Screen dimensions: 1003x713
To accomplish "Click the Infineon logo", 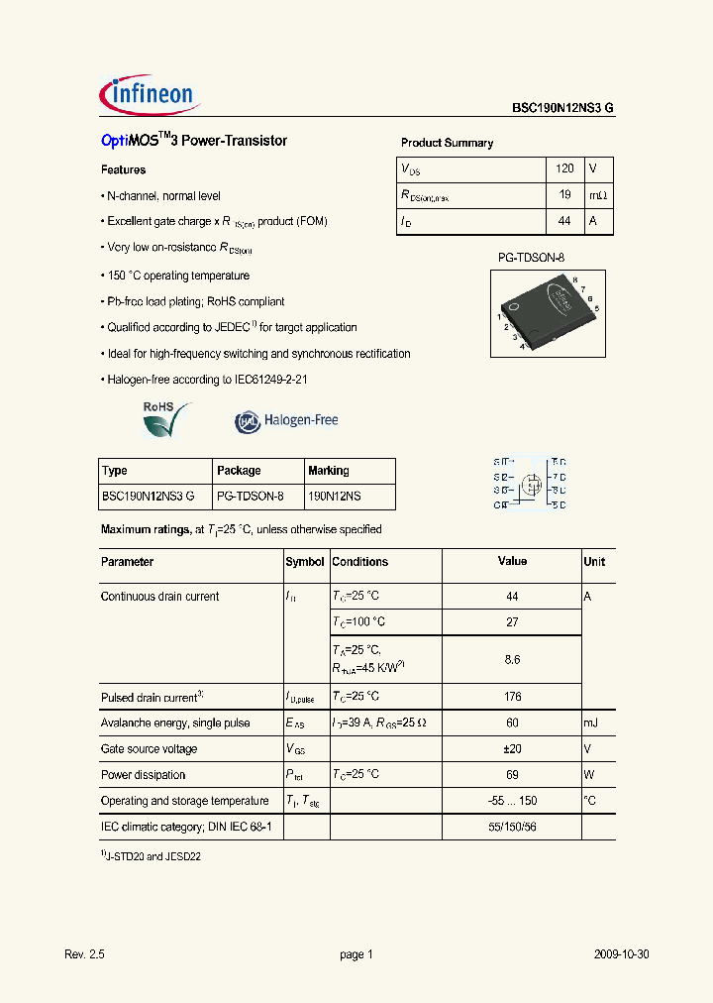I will click(150, 95).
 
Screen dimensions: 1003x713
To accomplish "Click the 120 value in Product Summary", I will click(564, 169).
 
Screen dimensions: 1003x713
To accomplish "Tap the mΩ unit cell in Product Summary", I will click(597, 196).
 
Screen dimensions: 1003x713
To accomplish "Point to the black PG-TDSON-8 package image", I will click(545, 310).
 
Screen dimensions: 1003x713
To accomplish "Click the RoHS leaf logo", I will click(163, 420).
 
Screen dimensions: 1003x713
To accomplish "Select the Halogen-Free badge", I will click(287, 420).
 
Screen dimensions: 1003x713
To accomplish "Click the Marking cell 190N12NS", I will click(335, 497).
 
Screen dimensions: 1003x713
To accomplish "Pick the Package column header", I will click(239, 471).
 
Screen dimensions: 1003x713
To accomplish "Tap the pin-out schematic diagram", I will click(530, 484).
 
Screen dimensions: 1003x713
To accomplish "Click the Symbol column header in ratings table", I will click(305, 562).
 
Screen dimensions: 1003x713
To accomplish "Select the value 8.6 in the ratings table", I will click(512, 659).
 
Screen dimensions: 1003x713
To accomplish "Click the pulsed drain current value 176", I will click(512, 697).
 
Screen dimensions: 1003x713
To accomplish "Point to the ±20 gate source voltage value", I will click(512, 749).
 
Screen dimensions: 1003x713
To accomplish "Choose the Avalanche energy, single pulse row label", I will click(175, 724).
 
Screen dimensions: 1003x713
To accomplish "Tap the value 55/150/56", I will click(512, 827).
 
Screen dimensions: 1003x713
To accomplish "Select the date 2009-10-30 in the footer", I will click(622, 954).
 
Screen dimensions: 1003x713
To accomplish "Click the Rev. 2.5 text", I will click(84, 954).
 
